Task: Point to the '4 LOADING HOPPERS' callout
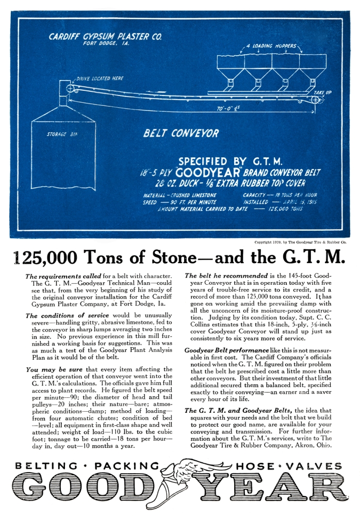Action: [x=271, y=46]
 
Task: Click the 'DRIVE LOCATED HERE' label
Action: [x=100, y=78]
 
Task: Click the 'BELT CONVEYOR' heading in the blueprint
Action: [x=181, y=134]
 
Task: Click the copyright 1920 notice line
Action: [x=300, y=241]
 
